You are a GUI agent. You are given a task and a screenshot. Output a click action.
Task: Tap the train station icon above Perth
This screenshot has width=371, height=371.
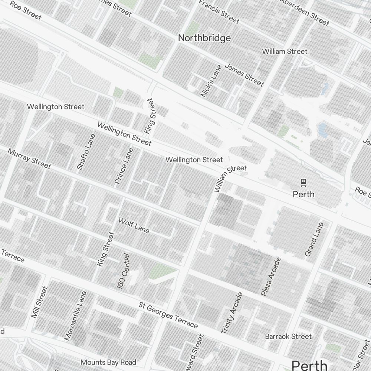[x=303, y=182]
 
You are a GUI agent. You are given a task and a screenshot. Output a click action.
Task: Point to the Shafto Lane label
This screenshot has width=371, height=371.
[x=86, y=152]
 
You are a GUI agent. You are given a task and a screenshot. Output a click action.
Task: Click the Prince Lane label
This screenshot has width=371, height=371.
[x=124, y=166]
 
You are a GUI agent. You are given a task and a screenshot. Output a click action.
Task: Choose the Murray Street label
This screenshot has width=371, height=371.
[x=29, y=159]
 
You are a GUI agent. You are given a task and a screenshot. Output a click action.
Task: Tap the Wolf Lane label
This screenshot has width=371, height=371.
[x=134, y=225]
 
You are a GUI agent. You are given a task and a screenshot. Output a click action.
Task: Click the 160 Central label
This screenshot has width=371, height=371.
[x=124, y=271]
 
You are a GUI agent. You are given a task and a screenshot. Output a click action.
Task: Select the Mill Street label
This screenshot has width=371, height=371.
[x=40, y=302]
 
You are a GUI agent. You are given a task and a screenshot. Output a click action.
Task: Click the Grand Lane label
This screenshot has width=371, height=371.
[x=314, y=239]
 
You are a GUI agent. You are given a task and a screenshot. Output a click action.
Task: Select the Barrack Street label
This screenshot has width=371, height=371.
[x=288, y=336]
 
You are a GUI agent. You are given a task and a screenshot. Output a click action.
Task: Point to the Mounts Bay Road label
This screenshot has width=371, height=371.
[x=108, y=362]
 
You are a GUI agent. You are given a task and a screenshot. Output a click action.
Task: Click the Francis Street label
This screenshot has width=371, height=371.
[x=219, y=12]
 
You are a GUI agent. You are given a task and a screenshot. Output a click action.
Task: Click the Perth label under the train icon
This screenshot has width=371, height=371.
[x=303, y=194]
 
